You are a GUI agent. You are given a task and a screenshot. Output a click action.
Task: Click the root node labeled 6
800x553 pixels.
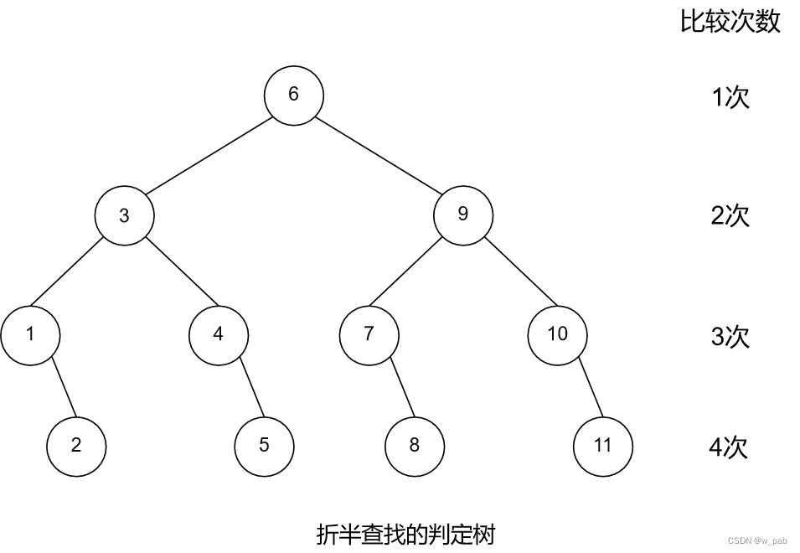[293, 94]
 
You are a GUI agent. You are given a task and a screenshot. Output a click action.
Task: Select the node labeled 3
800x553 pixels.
[124, 215]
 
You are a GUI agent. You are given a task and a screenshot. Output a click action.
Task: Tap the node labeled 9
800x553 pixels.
[463, 214]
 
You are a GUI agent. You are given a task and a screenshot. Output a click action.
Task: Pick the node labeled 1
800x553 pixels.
[30, 334]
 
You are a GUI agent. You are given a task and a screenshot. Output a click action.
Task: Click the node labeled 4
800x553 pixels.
[219, 334]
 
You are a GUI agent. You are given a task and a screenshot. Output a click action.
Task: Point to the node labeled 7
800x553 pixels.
[369, 334]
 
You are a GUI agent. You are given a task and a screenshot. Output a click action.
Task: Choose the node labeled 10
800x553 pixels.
[558, 334]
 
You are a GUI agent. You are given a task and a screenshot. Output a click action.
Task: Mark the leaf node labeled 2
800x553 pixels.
[76, 445]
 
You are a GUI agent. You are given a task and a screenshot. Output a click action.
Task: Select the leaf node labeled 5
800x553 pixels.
[265, 445]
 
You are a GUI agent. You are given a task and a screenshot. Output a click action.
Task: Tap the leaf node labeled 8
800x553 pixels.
[415, 445]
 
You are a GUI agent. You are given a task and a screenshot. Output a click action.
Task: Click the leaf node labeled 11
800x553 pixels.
[603, 445]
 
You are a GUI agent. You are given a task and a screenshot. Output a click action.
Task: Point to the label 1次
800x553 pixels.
[730, 98]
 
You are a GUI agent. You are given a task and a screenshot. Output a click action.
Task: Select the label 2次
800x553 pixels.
[730, 216]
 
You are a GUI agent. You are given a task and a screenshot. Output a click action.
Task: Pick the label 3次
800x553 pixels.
[730, 337]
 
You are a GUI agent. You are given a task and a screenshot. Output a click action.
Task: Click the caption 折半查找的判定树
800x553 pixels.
[405, 533]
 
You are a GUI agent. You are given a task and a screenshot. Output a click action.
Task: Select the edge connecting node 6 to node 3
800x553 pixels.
[209, 155]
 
